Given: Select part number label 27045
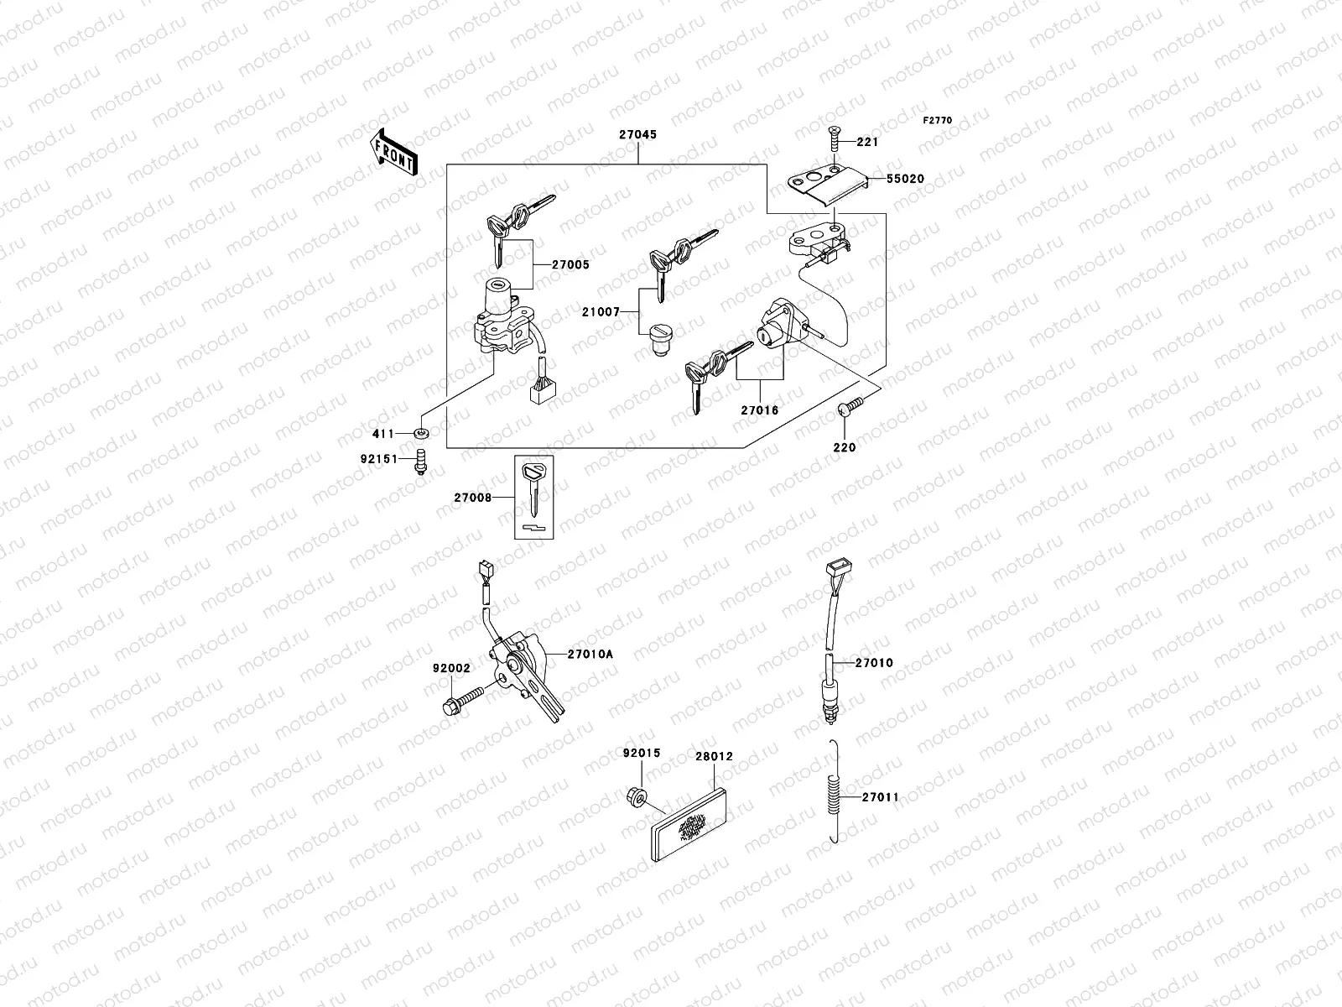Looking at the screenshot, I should point(637,134).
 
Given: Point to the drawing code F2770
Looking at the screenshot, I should point(938,121).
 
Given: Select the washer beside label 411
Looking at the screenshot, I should point(421,433).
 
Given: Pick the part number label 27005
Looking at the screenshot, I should point(570,264).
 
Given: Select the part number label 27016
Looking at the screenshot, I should point(759,410).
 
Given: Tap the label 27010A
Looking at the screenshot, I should point(590,654).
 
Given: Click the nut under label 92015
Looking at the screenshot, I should point(636,794).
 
